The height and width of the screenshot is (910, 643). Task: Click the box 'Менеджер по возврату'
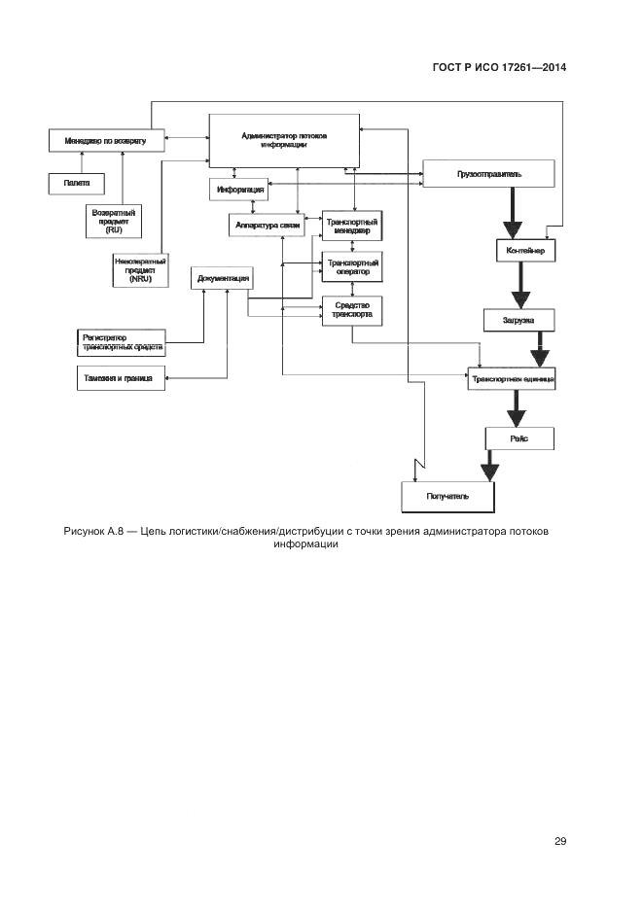click(106, 140)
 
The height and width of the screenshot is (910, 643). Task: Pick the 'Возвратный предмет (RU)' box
click(113, 221)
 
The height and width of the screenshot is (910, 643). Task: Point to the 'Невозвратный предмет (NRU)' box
click(140, 269)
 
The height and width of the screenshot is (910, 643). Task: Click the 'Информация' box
click(237, 189)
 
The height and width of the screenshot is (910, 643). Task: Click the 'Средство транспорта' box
click(351, 309)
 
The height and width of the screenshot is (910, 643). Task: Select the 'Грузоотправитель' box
click(488, 174)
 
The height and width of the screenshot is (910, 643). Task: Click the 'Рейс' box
click(518, 438)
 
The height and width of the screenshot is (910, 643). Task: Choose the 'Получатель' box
click(448, 496)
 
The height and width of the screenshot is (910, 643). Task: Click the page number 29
click(559, 841)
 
